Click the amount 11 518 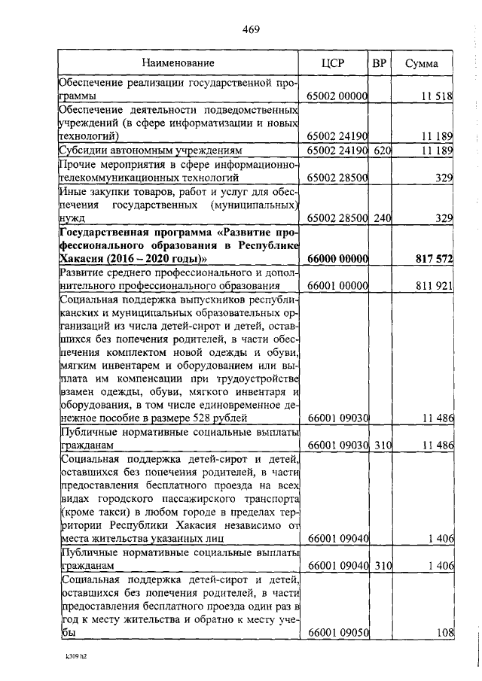[437, 96]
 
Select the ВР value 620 [383, 150]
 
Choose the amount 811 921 [434, 286]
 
